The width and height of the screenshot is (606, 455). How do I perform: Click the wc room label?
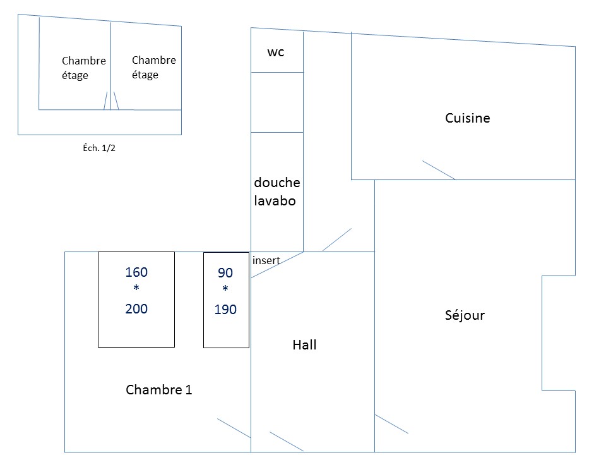click(x=276, y=52)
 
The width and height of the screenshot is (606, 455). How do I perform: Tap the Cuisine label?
click(x=467, y=118)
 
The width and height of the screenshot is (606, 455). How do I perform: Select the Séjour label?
click(x=465, y=315)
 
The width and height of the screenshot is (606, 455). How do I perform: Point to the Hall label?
click(x=304, y=345)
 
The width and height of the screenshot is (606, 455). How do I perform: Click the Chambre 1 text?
click(x=158, y=390)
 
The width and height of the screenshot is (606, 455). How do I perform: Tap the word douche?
click(x=277, y=183)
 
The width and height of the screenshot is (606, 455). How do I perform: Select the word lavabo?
click(x=275, y=202)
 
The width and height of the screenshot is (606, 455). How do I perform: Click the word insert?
click(x=266, y=260)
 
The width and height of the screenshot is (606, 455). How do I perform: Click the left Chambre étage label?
click(x=83, y=68)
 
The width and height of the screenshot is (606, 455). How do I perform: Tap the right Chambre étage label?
click(x=153, y=67)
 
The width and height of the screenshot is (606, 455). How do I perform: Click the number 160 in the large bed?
click(x=136, y=272)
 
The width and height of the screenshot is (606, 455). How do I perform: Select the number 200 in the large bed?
click(x=136, y=309)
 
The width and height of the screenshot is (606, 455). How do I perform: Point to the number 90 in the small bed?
click(x=225, y=273)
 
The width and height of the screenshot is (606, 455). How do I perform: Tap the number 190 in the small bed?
click(x=225, y=310)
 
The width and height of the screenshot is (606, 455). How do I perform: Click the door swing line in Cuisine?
click(x=439, y=171)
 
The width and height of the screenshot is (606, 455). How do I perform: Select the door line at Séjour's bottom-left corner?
click(x=391, y=424)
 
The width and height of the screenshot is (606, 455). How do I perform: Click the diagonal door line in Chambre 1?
click(x=234, y=428)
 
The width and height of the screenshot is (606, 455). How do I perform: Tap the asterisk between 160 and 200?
click(x=136, y=289)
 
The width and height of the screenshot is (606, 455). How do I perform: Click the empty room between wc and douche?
click(x=277, y=102)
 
